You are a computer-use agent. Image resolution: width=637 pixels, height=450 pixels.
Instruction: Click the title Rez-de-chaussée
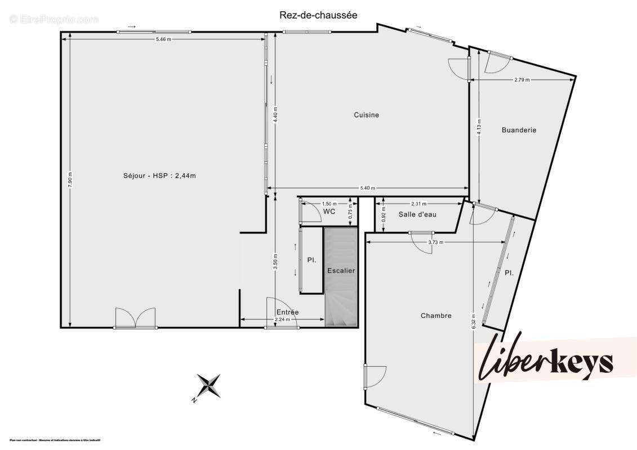[318, 15]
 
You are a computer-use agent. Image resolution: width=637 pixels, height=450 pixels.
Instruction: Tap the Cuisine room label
[366, 115]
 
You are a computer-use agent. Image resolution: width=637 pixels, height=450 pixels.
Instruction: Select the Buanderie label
[519, 130]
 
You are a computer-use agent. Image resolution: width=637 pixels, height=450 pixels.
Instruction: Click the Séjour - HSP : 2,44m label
[159, 175]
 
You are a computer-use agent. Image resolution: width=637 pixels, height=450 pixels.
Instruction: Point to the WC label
[329, 211]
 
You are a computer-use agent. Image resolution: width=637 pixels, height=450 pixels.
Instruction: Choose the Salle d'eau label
[417, 214]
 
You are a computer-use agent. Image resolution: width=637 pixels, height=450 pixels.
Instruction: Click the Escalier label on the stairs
[341, 271]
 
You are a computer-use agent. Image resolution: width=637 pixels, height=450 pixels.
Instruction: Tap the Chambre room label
[436, 316]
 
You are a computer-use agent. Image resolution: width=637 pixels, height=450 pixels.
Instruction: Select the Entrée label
[287, 312]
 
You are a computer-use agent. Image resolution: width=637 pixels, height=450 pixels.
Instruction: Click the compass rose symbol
[208, 386]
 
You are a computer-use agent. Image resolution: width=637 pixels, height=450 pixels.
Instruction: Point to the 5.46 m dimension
[163, 39]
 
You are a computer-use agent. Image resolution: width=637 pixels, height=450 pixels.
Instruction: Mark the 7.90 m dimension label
[70, 179]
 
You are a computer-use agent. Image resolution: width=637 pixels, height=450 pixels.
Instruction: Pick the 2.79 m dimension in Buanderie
[522, 80]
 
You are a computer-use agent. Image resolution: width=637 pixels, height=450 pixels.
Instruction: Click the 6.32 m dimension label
[474, 321]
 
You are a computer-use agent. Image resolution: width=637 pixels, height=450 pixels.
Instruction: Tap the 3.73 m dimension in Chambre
[436, 242]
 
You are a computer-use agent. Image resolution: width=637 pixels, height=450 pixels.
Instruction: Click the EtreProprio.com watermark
[54, 20]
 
